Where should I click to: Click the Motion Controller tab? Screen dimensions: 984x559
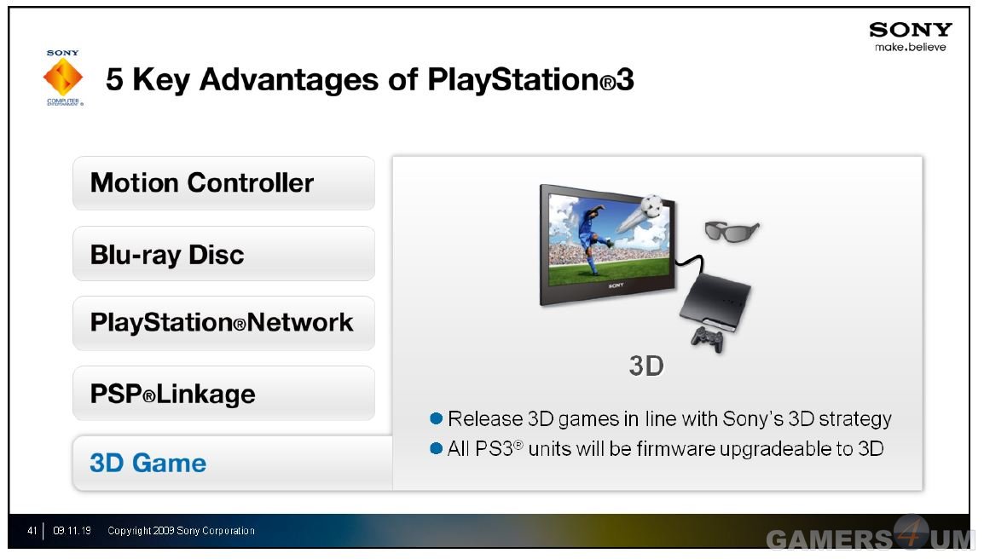(223, 183)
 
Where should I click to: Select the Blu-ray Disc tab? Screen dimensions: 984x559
(223, 254)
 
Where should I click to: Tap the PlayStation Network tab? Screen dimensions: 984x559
(223, 323)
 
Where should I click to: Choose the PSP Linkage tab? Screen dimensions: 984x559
(223, 394)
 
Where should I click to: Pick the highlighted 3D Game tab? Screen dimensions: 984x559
(232, 463)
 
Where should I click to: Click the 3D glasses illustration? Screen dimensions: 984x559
(731, 231)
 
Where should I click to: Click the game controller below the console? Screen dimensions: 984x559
(707, 339)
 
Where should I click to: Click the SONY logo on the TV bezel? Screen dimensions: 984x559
(616, 285)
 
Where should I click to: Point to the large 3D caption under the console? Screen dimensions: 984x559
(646, 366)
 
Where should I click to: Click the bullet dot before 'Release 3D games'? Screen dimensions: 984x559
(436, 418)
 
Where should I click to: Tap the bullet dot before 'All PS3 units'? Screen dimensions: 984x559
(436, 448)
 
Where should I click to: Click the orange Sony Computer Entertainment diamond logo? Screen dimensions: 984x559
(63, 78)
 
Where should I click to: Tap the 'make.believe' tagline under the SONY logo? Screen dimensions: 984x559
(911, 47)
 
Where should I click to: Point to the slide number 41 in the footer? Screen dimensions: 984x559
(32, 531)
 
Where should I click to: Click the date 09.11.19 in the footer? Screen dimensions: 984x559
(72, 531)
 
